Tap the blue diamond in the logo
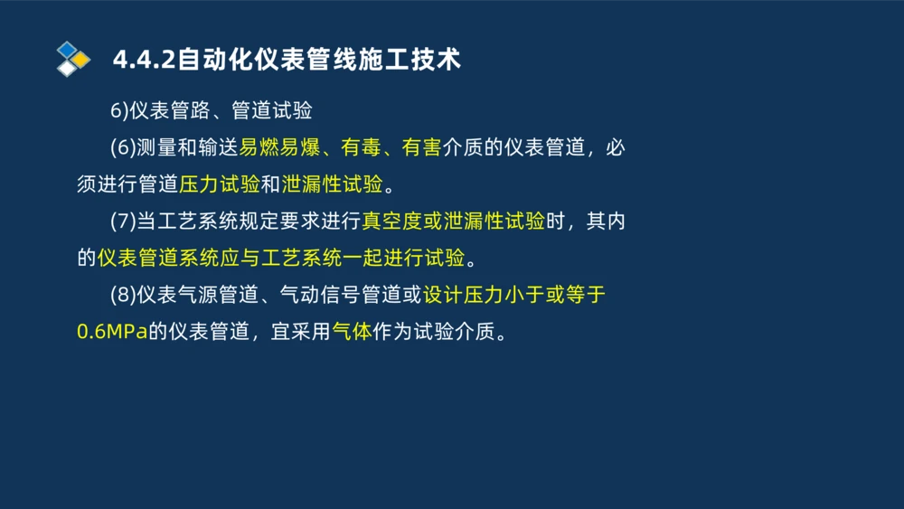pos(67,49)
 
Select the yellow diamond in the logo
pos(80,60)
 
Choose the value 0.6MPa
pos(112,332)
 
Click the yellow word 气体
pos(352,332)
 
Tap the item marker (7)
pos(123,222)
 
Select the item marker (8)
pos(123,296)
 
